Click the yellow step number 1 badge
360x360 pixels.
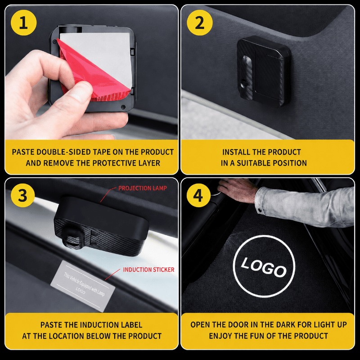click(x=23, y=23)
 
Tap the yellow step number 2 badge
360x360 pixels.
click(x=199, y=23)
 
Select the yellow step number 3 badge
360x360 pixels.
click(x=22, y=196)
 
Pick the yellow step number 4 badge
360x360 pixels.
click(x=198, y=196)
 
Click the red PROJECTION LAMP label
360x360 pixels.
click(x=143, y=188)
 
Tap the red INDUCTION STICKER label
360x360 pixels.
click(x=149, y=270)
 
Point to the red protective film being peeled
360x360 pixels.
click(x=92, y=73)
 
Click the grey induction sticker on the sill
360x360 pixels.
click(x=83, y=285)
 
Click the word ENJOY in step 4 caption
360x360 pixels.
click(x=220, y=336)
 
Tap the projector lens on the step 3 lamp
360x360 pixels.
click(x=72, y=240)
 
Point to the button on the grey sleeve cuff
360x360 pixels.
click(x=260, y=210)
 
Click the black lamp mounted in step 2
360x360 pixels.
click(x=264, y=71)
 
